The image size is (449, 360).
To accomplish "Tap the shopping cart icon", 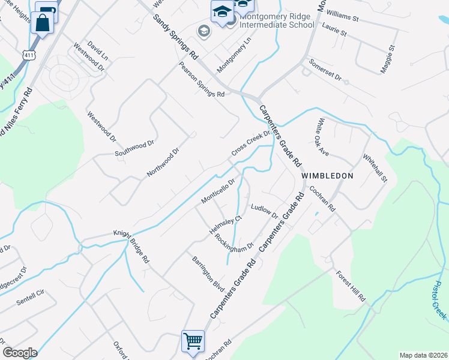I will [193, 341].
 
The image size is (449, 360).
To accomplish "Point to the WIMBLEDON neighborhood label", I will [327, 175].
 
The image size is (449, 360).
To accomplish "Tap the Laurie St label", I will [334, 30].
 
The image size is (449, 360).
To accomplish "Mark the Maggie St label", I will [387, 59].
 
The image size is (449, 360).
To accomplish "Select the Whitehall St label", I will [375, 167].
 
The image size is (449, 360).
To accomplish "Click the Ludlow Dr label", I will [265, 211].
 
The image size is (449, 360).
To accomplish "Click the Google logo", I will [19, 353].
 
